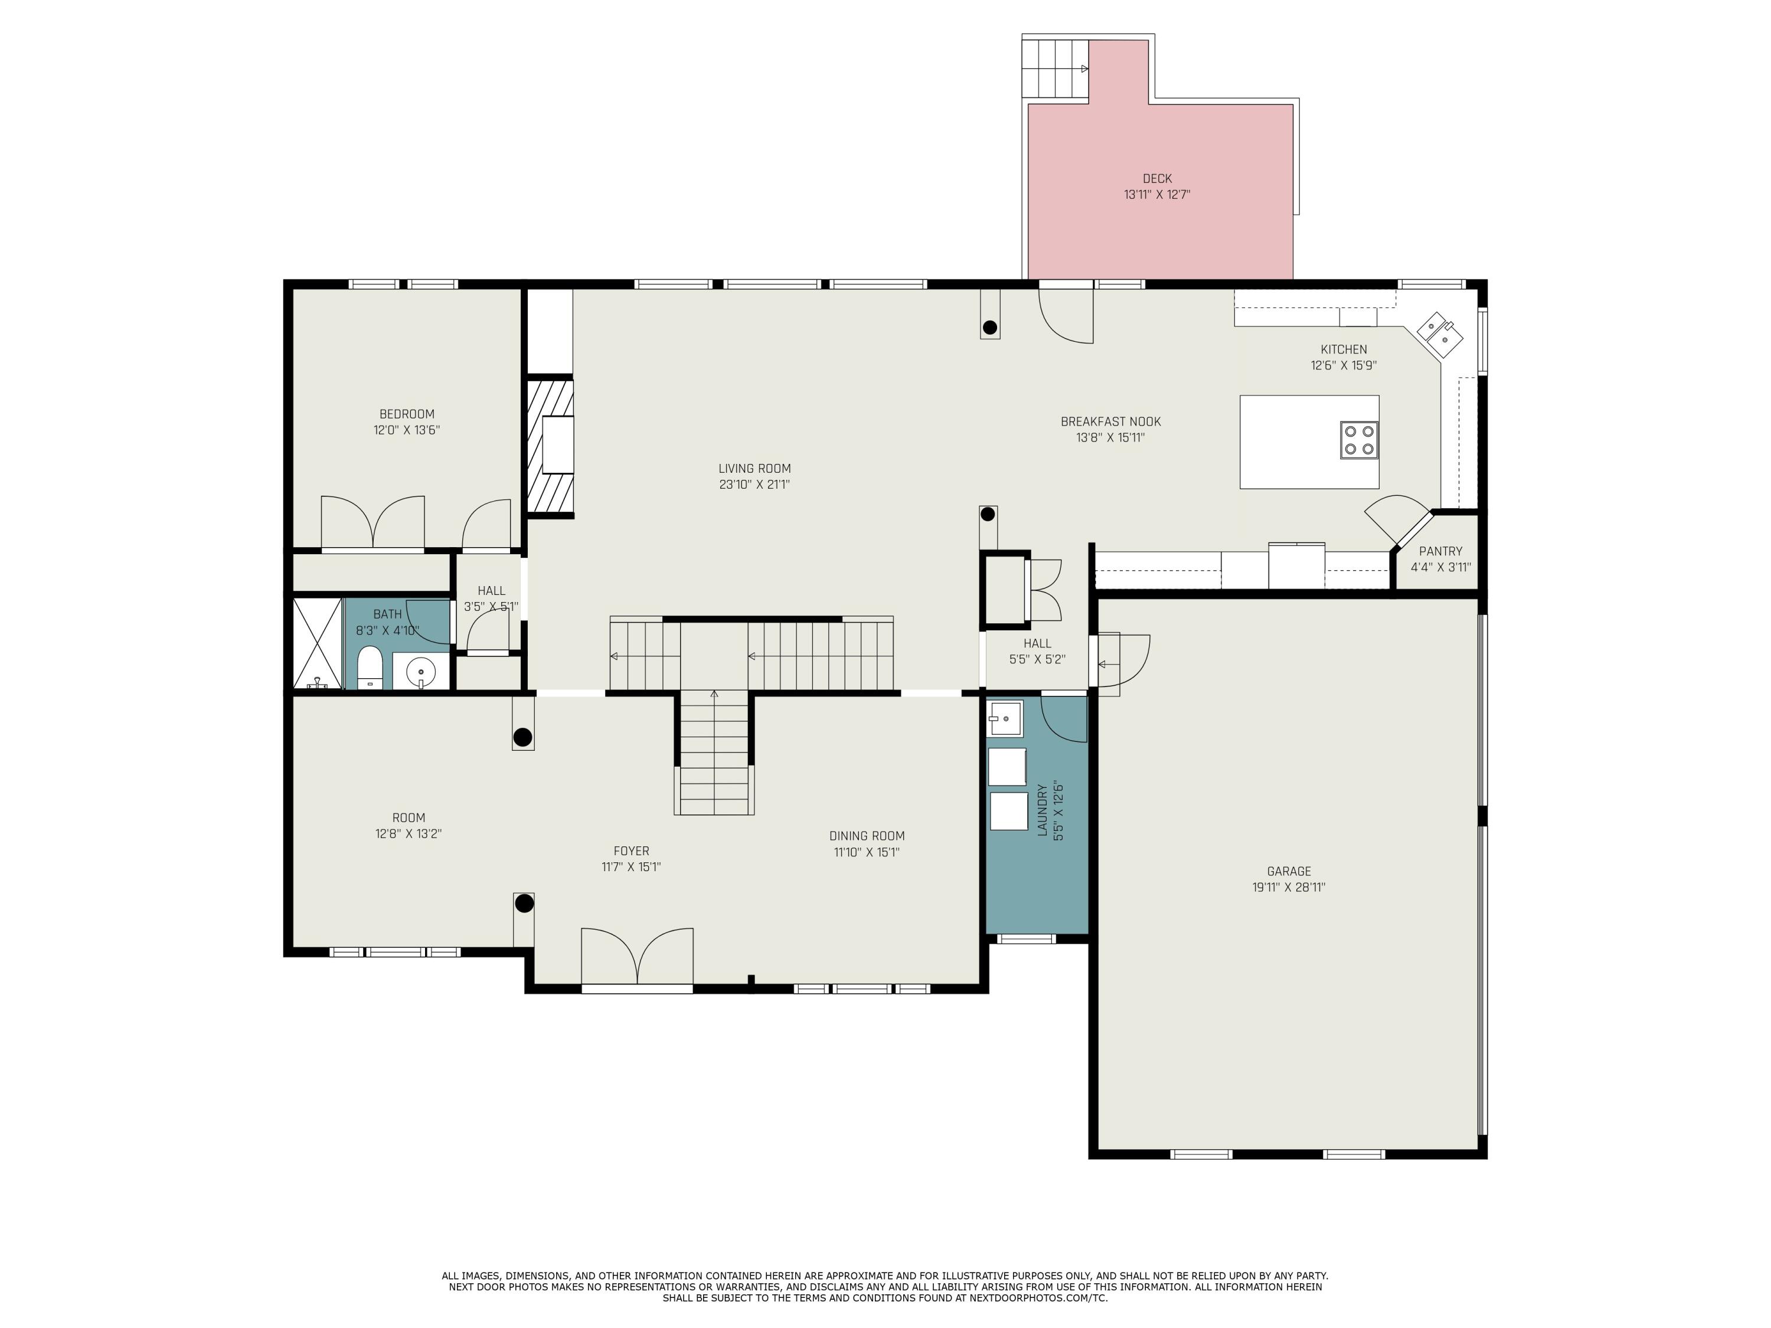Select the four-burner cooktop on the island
(1359, 440)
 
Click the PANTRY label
(1440, 551)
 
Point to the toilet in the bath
(369, 667)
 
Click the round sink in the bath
(420, 669)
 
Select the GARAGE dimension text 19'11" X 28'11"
(1289, 887)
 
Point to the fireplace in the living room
(551, 445)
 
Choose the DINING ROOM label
(867, 836)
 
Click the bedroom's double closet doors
(373, 523)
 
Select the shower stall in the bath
(318, 643)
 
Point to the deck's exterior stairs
(1054, 68)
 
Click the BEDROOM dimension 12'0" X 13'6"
(407, 430)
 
